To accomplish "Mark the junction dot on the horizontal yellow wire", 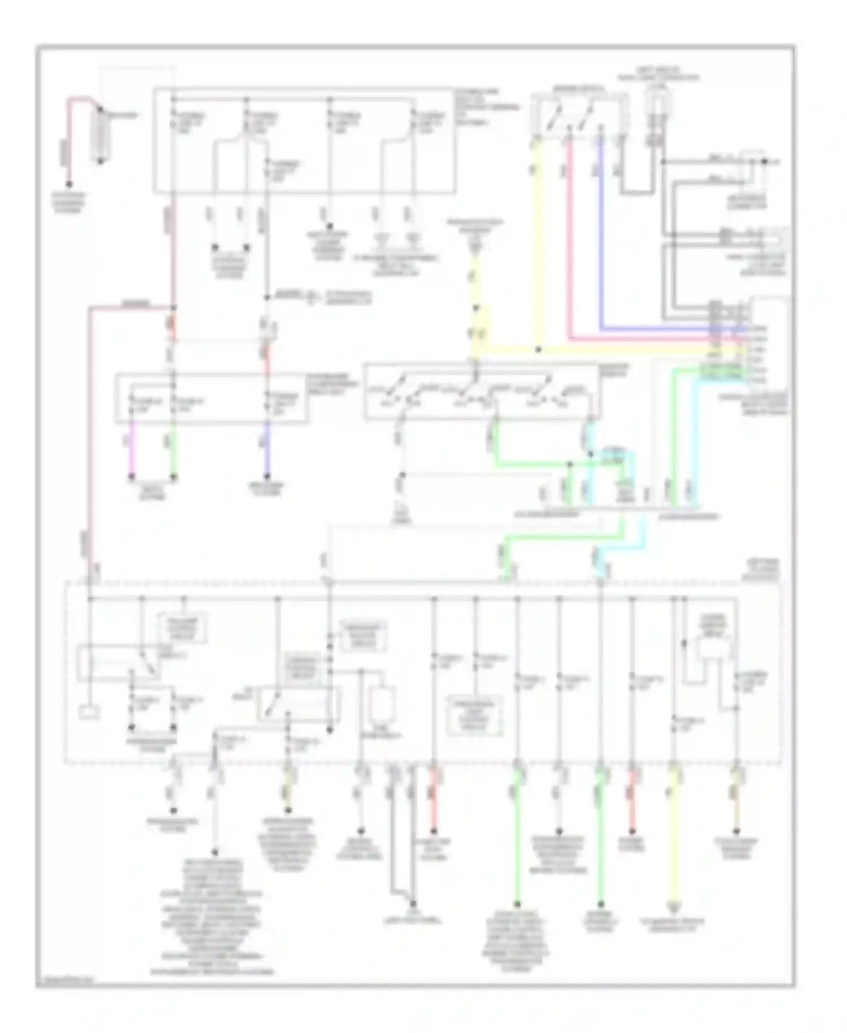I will click(538, 350).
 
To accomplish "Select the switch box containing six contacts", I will click(481, 392).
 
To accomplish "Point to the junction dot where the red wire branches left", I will click(173, 308).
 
